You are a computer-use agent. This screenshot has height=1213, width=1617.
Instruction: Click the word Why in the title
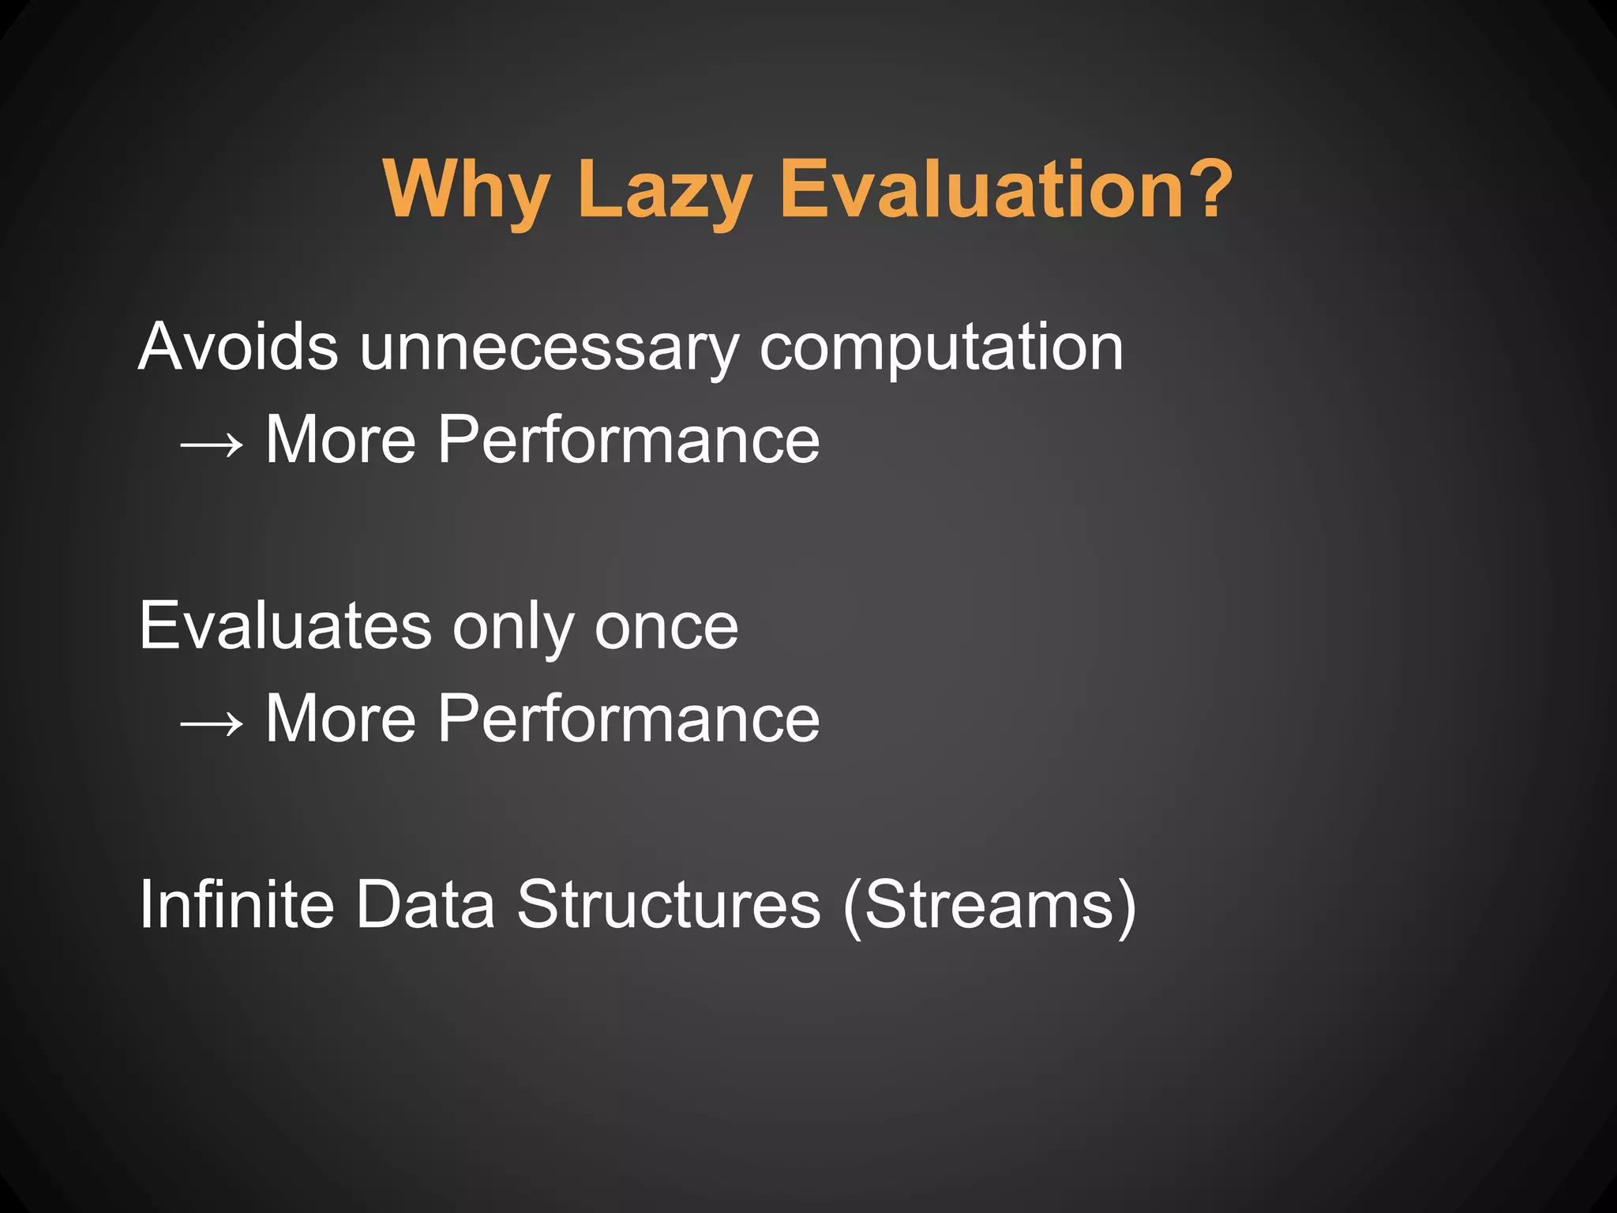tap(466, 190)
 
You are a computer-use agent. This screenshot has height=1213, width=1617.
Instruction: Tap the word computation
tap(941, 347)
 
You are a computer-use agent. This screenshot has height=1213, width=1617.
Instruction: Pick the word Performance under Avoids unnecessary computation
tap(628, 439)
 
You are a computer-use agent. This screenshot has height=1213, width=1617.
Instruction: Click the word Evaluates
tap(285, 625)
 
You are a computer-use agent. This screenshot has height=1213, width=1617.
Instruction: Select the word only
tap(512, 627)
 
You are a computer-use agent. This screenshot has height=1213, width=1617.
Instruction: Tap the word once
tap(666, 627)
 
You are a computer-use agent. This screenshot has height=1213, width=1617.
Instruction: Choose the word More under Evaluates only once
tap(340, 718)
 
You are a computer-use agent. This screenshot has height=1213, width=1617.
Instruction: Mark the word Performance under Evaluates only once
tap(628, 718)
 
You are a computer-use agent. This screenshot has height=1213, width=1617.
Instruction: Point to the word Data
tap(425, 904)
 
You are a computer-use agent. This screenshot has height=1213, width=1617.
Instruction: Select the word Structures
tap(669, 904)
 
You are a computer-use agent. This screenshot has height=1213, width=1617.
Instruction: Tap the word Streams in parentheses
tap(989, 904)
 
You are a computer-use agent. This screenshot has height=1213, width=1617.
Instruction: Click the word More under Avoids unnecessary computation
tap(340, 439)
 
